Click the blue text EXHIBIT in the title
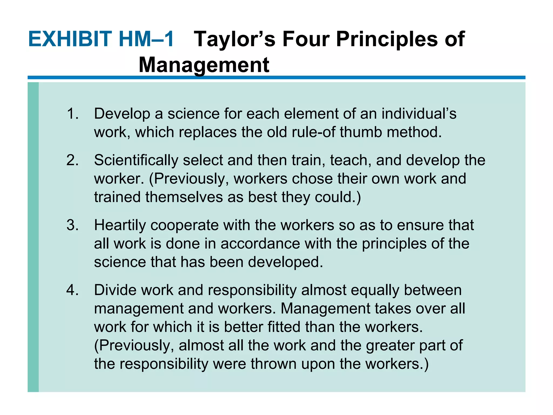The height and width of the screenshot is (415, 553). tap(70, 39)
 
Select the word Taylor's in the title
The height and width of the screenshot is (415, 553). tap(235, 39)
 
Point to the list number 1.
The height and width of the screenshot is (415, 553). tap(72, 113)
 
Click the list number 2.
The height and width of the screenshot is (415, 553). tap(72, 160)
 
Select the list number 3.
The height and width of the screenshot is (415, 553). tap(72, 225)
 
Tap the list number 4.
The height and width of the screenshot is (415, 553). tap(72, 290)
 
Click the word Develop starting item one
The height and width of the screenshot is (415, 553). tap(122, 114)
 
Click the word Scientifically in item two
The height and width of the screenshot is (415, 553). tap(136, 160)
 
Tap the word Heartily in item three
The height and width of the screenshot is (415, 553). tap(120, 225)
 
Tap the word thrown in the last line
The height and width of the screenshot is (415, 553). tap(274, 364)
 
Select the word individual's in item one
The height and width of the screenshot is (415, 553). tap(419, 113)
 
